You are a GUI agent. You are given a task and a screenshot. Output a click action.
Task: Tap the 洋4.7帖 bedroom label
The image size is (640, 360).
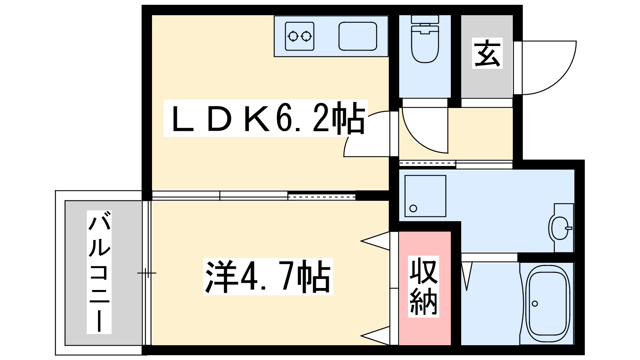268,276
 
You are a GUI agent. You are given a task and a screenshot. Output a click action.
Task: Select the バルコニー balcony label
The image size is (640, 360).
99,272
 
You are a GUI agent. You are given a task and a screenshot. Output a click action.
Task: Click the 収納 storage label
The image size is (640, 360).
424,286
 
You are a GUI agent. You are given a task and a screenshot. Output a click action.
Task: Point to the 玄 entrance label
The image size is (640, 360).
487,54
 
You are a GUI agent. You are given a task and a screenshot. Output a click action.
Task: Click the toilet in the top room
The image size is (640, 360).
425,39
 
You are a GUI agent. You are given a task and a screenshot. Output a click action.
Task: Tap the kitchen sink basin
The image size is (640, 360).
358,36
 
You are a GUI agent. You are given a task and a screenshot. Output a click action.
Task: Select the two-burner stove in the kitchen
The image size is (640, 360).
300,36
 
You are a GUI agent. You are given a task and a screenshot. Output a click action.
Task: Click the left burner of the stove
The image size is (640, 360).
293,36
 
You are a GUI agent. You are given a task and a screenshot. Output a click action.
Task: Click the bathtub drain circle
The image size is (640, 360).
535,304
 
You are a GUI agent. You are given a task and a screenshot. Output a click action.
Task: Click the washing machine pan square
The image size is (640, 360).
426,196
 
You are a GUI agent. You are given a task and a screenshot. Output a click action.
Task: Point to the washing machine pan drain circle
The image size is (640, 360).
413,208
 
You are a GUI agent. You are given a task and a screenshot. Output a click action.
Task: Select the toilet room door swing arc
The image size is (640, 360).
425,130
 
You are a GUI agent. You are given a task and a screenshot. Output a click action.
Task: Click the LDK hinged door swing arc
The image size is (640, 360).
367,134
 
